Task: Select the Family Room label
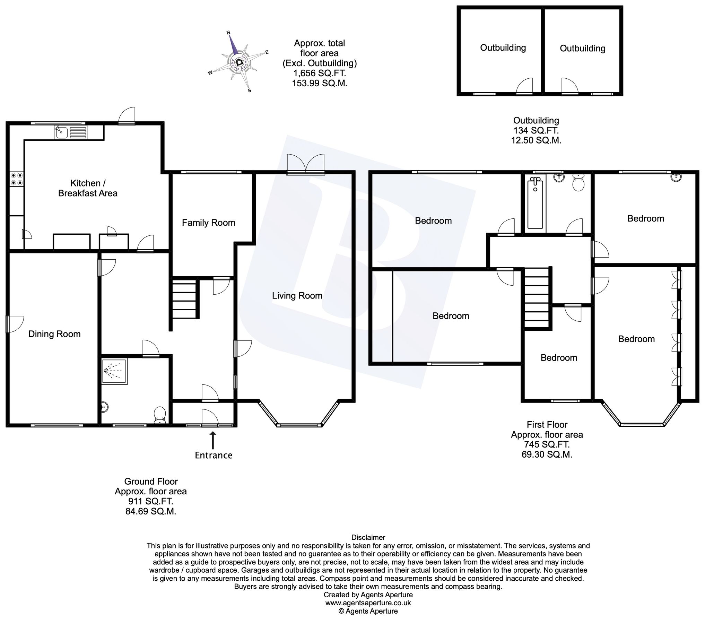(208, 223)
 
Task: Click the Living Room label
(297, 295)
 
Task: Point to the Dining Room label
(54, 334)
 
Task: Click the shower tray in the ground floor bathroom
(115, 371)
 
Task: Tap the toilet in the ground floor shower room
(160, 415)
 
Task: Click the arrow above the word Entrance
(213, 439)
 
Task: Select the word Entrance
(214, 455)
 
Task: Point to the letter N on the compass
(228, 33)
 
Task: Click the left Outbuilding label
(503, 47)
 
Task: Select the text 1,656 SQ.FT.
(319, 73)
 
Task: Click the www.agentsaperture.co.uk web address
(368, 603)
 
